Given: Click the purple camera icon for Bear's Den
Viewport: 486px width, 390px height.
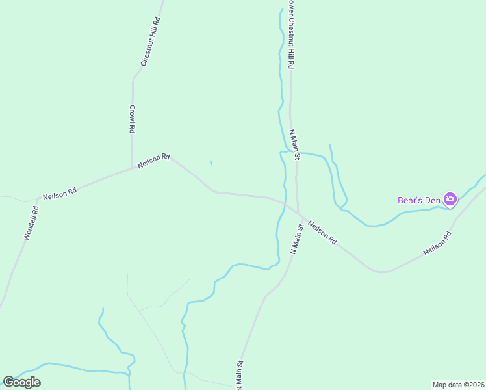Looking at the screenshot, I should tap(450, 200).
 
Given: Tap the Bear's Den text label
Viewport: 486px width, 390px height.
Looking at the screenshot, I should tap(418, 200).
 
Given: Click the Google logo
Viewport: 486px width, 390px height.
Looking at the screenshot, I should tap(21, 382).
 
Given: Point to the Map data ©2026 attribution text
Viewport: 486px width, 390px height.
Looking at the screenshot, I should tap(458, 385).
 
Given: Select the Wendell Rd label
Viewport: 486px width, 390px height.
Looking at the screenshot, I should tap(31, 224).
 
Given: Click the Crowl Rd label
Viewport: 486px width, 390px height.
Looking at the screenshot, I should tap(132, 119).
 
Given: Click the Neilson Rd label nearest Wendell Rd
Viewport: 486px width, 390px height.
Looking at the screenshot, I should tap(60, 194).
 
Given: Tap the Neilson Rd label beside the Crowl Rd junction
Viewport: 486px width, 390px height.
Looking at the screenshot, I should tap(153, 161).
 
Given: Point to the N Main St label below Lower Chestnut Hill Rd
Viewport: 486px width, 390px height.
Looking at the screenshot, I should tap(295, 144).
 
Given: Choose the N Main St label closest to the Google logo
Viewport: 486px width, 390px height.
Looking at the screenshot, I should tap(240, 375).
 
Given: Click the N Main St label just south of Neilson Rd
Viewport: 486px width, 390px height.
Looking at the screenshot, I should tap(297, 239).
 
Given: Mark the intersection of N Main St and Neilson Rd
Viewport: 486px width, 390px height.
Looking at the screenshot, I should tap(298, 212).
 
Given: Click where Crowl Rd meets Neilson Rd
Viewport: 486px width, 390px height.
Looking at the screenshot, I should tap(132, 168).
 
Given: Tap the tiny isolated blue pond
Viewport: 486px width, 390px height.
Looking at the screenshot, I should tap(211, 162).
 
